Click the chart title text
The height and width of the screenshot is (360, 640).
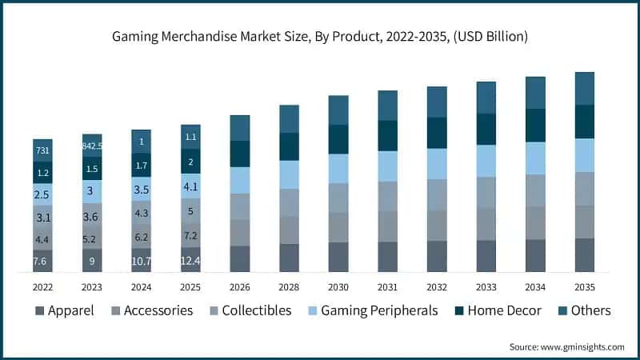tap(320, 37)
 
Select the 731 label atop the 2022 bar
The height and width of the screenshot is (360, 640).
tap(42, 151)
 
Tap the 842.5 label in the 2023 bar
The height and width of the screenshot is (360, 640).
tap(92, 146)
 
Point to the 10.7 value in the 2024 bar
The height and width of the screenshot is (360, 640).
tap(141, 261)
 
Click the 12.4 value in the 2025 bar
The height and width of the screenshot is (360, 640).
tap(190, 261)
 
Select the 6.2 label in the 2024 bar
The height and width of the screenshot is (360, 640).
tap(141, 237)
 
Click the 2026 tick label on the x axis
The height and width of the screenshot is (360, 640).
tap(240, 286)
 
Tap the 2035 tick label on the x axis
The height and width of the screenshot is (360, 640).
tap(585, 286)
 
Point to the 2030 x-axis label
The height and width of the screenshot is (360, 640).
tap(338, 286)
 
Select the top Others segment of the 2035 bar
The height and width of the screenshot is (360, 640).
tap(585, 88)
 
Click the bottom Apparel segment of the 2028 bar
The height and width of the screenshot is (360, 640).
tap(289, 258)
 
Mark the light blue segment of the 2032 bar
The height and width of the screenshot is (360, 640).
tap(437, 164)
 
